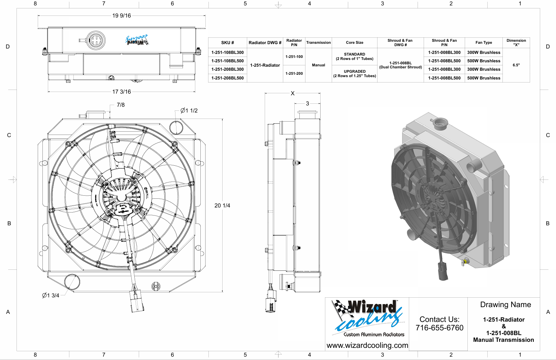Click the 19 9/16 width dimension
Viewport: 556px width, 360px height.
[x=121, y=15]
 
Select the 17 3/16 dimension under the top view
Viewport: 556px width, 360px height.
[x=121, y=92]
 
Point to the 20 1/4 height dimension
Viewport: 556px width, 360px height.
[x=222, y=205]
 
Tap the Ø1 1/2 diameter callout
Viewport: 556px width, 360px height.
[x=189, y=110]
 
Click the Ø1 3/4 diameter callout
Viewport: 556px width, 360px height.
[x=51, y=295]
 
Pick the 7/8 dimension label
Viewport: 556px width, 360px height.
[x=121, y=105]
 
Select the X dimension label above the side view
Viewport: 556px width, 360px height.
[x=293, y=93]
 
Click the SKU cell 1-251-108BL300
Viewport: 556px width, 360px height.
[x=227, y=53]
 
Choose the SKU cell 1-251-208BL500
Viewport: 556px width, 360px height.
[x=227, y=78]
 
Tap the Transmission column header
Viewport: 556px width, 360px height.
[x=319, y=42]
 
